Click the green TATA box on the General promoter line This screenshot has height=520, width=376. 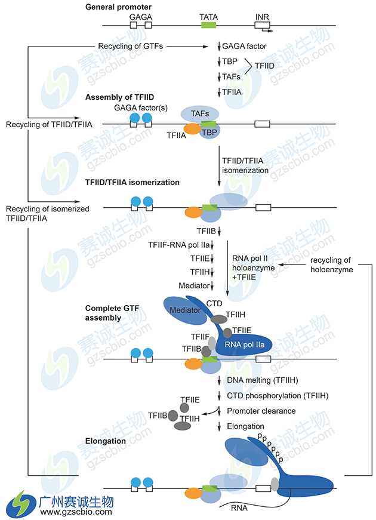click(208, 24)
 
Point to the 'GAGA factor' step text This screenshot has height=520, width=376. click(244, 46)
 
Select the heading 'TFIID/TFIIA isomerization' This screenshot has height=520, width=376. click(132, 182)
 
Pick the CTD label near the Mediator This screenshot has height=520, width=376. click(214, 303)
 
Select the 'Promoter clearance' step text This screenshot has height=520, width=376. click(261, 411)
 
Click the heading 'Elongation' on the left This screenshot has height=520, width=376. click(106, 441)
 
